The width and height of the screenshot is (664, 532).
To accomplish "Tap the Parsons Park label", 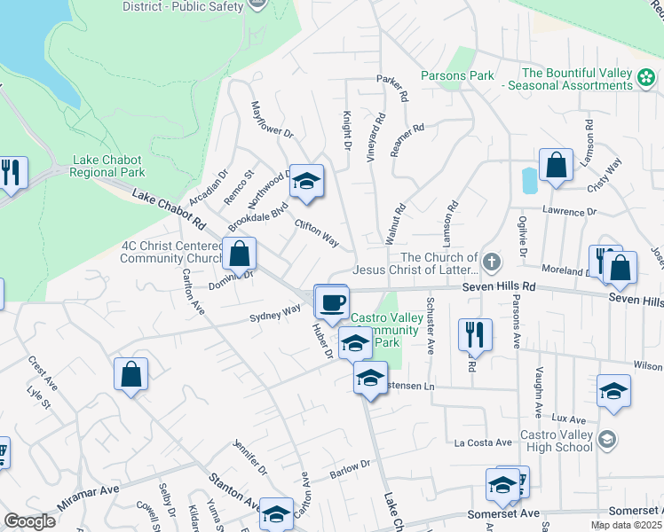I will coord(457,75).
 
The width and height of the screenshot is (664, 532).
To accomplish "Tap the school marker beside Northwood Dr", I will coord(307,181).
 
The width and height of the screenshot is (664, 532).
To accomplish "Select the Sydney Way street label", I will coord(275,313).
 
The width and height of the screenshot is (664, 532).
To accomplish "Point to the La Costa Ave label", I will coord(483,442).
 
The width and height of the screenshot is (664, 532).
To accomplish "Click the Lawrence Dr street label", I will coord(570,213).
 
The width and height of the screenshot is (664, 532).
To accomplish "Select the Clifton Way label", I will coord(317,233).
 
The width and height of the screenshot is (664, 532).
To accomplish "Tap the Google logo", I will coord(29,521).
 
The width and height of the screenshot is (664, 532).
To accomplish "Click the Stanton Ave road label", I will coord(234,491).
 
